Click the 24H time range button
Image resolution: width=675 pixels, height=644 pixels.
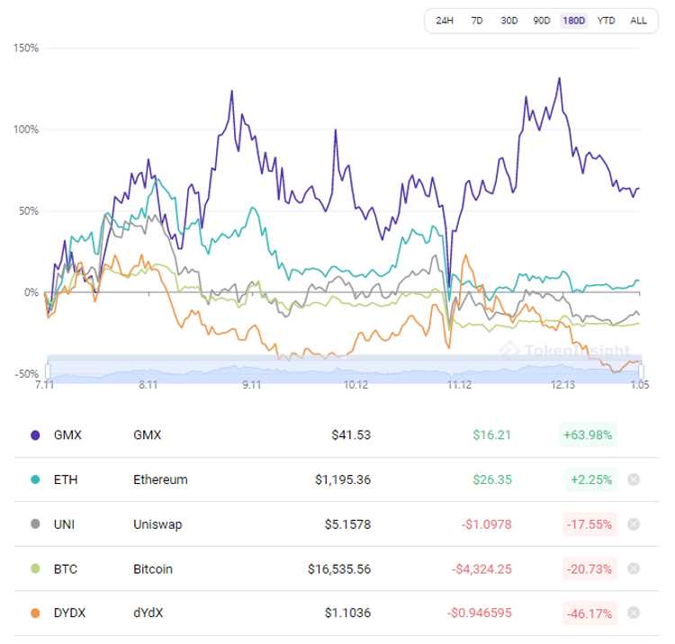coord(445,21)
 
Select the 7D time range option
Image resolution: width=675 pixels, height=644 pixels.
coord(477,21)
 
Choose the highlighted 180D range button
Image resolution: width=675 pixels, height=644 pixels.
coord(573,21)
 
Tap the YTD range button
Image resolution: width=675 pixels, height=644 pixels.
coord(607,21)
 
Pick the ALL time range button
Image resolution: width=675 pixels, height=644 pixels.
coord(638,21)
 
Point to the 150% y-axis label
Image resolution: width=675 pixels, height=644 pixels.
coord(26,48)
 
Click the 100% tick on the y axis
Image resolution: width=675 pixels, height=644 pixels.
coord(26,130)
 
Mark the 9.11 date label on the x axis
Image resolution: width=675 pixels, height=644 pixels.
coord(251,385)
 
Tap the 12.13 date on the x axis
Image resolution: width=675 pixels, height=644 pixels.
coord(563,385)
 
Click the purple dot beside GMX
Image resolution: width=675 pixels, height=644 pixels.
coord(35,434)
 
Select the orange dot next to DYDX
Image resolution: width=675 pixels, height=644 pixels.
coord(35,613)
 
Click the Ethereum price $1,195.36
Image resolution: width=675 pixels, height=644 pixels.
coord(342,479)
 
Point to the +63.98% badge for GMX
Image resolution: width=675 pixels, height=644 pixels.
coord(587,435)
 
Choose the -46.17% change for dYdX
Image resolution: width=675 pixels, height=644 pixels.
coord(587,613)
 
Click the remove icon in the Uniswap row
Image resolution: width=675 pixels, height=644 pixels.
coord(634,524)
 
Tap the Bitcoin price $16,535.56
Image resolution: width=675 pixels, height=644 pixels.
coord(337,569)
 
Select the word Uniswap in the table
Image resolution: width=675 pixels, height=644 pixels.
coord(157,524)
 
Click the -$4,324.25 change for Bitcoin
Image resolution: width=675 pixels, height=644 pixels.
coord(481,569)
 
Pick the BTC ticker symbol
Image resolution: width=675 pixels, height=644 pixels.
coord(66,569)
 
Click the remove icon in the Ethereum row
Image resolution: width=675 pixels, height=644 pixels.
coord(634,479)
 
